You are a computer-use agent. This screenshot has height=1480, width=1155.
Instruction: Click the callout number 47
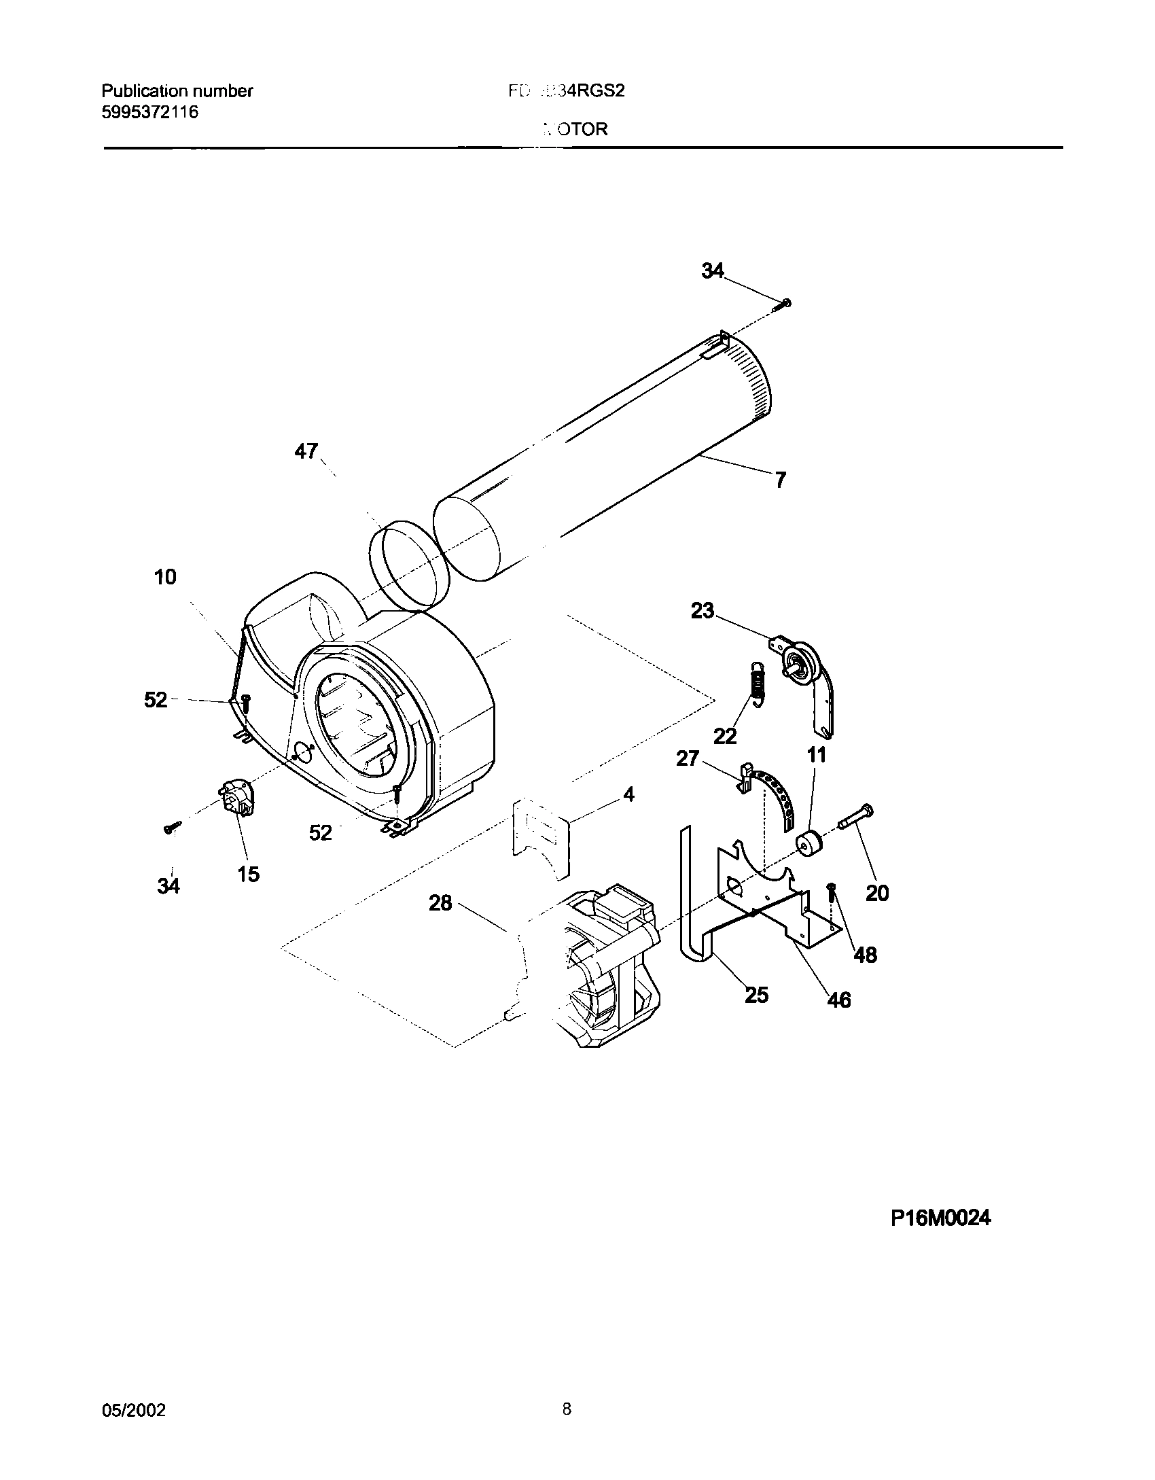point(306,451)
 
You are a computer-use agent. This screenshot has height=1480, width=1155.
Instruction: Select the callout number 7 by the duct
point(780,480)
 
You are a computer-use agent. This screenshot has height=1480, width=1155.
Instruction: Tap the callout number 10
point(165,577)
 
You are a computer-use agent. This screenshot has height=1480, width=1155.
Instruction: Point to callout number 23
point(703,611)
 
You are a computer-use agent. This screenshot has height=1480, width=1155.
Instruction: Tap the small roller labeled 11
point(808,845)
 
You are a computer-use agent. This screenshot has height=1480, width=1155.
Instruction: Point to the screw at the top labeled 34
point(783,304)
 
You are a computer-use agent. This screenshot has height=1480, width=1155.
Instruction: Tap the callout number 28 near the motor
point(440,903)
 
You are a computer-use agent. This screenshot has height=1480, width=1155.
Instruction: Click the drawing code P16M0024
point(940,1218)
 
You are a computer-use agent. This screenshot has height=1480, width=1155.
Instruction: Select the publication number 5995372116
point(150,113)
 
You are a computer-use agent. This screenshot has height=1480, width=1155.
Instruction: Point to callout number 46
point(839,1000)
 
